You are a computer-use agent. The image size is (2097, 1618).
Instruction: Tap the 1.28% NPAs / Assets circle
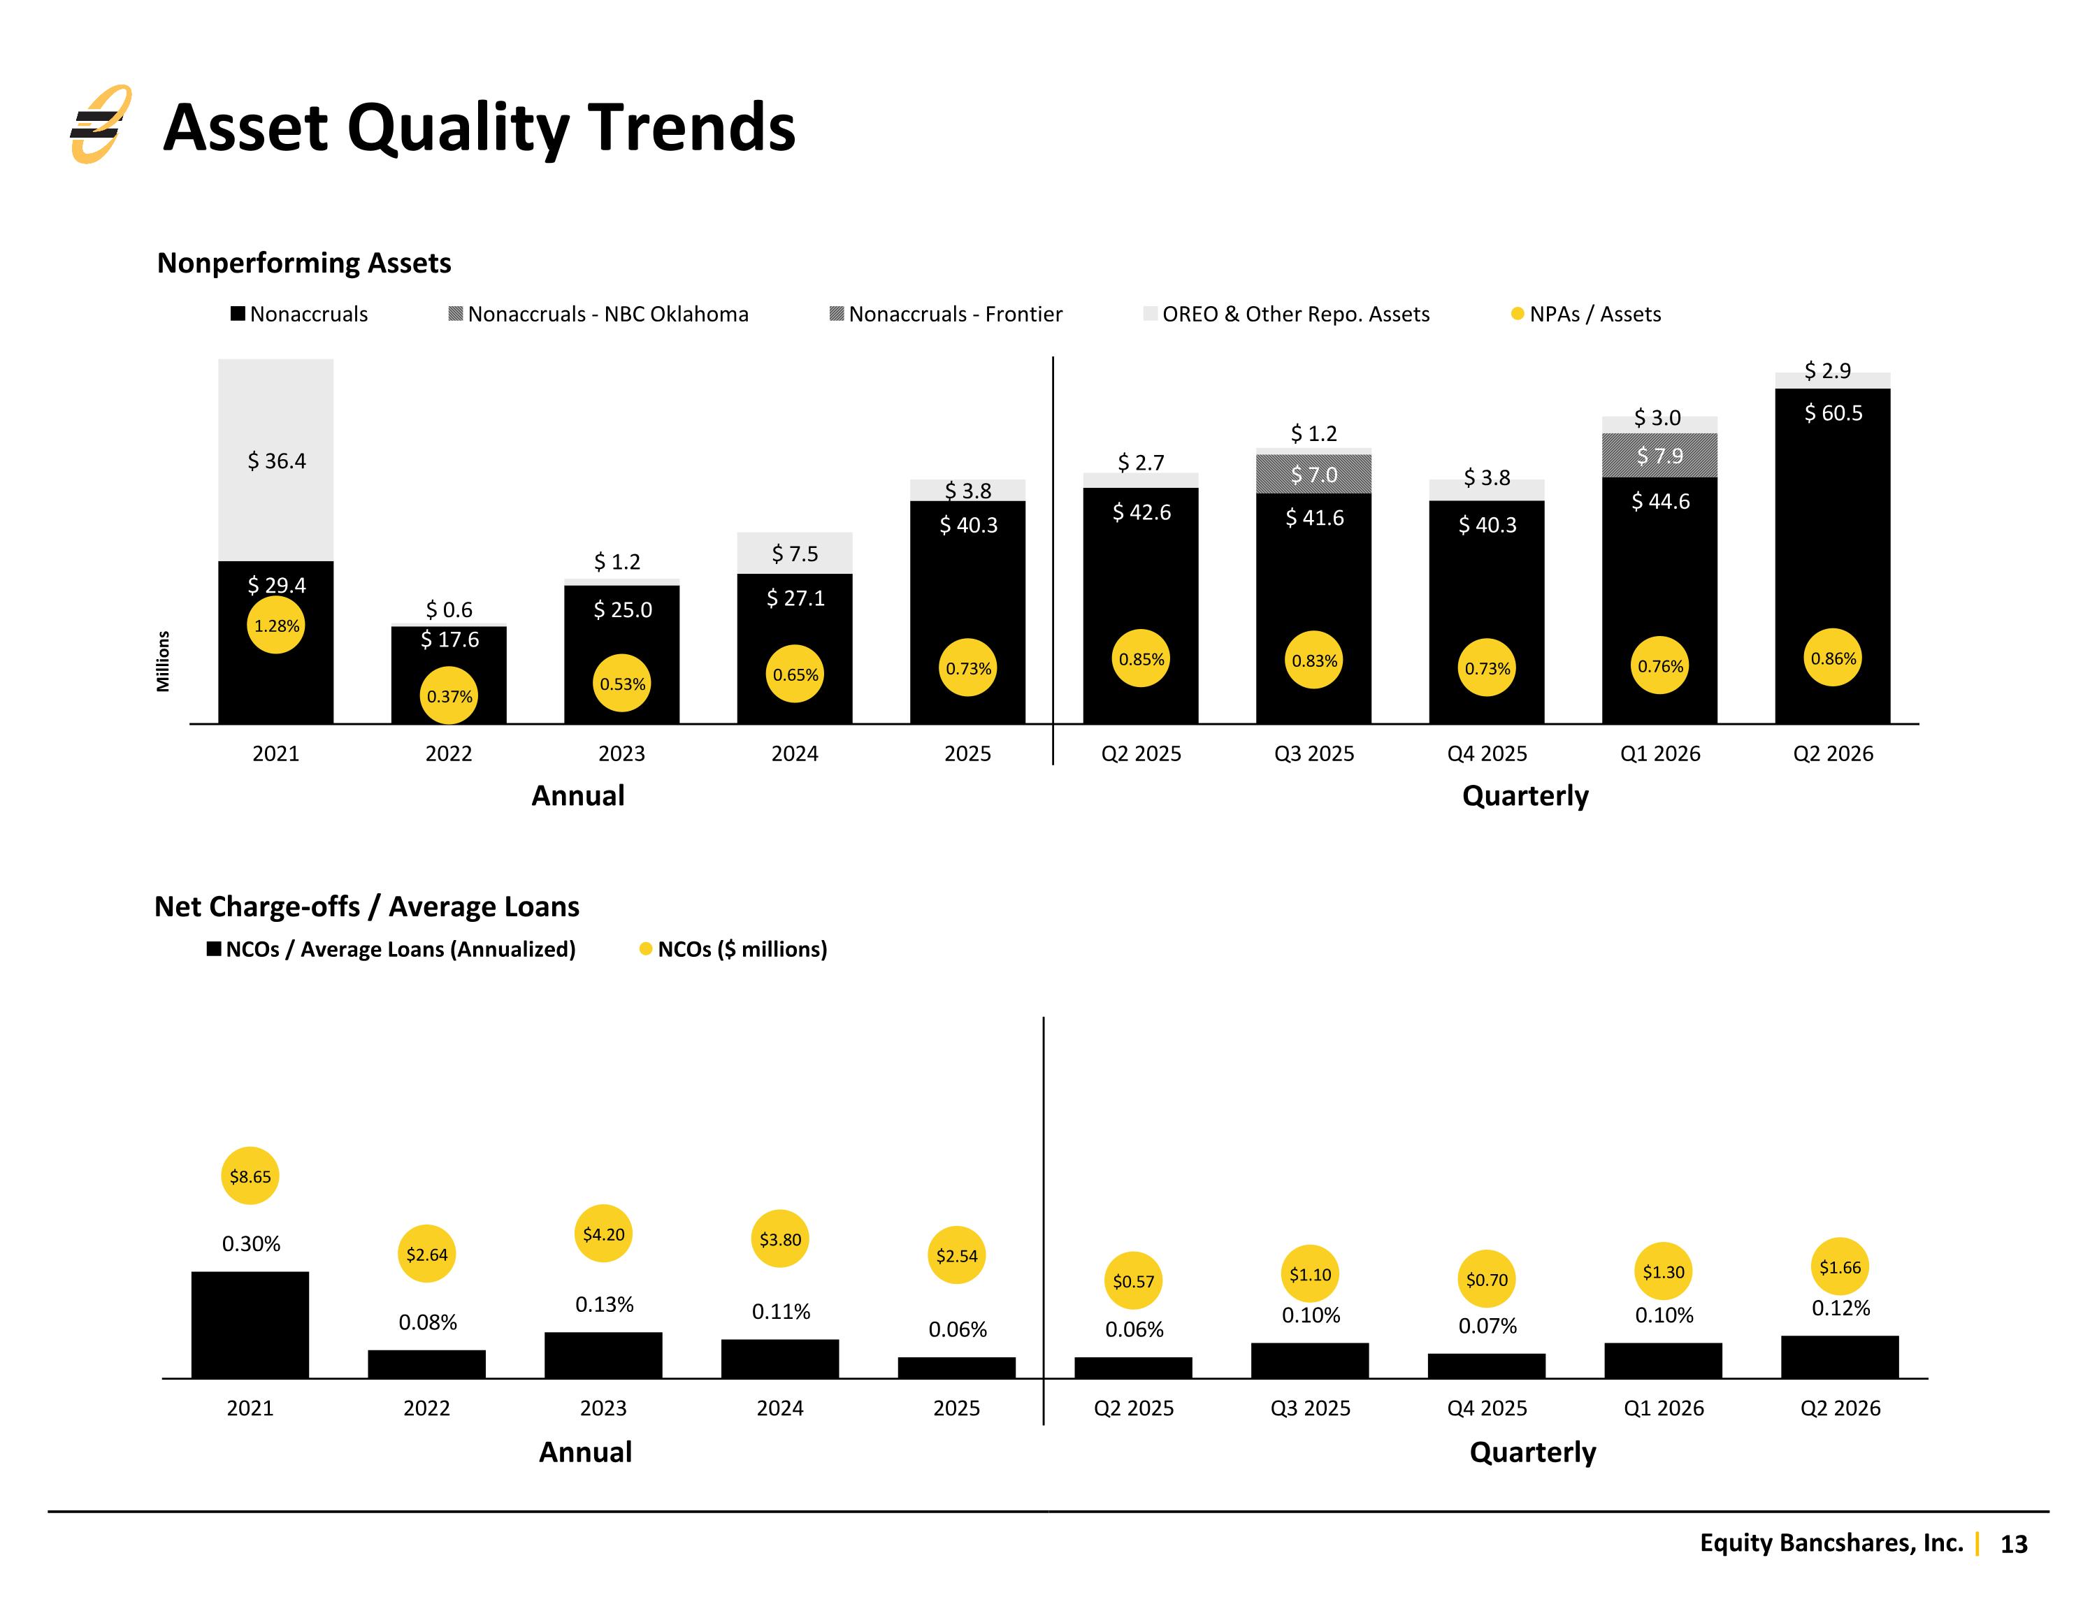(x=277, y=625)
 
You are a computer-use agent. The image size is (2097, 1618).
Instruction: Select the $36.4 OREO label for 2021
(x=277, y=461)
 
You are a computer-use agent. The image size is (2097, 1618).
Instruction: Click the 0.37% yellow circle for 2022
(x=449, y=696)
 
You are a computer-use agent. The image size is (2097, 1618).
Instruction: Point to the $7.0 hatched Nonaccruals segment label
(x=1313, y=475)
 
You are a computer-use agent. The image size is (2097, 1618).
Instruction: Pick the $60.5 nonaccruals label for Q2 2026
(x=1833, y=413)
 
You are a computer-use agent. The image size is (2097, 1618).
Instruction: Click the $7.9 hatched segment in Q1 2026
(x=1659, y=455)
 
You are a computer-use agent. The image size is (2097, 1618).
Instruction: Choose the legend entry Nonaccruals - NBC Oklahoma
(x=599, y=314)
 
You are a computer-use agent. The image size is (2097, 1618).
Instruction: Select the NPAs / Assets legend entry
(x=1586, y=314)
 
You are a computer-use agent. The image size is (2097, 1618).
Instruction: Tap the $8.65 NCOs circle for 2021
(x=251, y=1176)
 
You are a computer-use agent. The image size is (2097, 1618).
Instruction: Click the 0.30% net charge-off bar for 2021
(x=251, y=1324)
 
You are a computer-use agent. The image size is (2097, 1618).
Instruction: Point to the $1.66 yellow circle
(x=1840, y=1266)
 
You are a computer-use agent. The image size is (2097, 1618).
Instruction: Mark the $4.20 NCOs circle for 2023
(x=604, y=1234)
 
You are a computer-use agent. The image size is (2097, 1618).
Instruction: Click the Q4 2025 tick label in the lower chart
(x=1486, y=1408)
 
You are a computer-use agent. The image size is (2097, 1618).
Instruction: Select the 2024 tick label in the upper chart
(x=795, y=754)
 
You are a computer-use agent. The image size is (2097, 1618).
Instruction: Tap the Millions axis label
(x=164, y=660)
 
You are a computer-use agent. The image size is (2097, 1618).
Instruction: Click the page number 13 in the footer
(x=2013, y=1543)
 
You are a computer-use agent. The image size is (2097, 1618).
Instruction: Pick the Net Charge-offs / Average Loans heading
(x=367, y=906)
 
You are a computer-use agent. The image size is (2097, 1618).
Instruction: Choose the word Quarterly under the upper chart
(x=1525, y=796)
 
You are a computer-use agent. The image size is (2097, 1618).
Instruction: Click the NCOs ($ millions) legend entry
(x=733, y=948)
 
